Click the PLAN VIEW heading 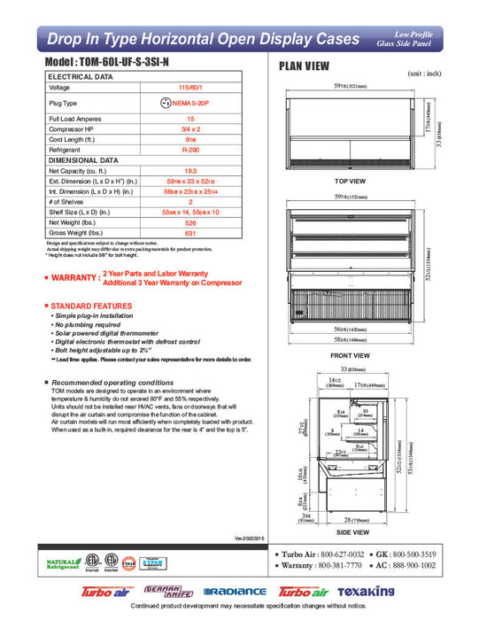tap(305, 66)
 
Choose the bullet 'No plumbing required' tap(89, 324)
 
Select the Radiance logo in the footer tap(235, 592)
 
